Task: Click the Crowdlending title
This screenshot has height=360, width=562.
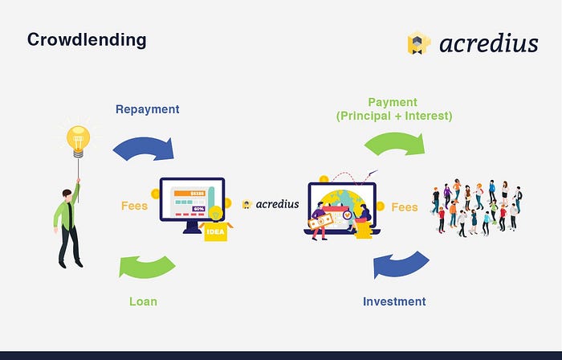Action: pos(87,40)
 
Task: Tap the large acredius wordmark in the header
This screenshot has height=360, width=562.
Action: pos(489,43)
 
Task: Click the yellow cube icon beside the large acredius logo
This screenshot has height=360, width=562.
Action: pos(418,43)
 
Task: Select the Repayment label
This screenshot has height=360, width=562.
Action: pos(147,109)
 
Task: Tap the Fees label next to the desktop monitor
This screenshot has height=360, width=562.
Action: pos(134,206)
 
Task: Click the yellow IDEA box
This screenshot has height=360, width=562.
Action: pos(215,231)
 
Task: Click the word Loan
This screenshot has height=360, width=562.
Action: pos(143,301)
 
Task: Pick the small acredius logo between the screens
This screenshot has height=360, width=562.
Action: pos(271,204)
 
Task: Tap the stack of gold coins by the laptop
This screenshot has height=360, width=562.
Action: pos(364,230)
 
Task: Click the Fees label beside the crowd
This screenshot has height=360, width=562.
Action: pos(405,207)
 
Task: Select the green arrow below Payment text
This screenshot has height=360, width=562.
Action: pos(394,143)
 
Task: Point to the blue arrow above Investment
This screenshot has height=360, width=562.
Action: pos(401,264)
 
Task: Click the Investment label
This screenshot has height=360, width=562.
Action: pos(394,301)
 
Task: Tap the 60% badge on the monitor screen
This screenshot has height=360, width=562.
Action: pos(198,209)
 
